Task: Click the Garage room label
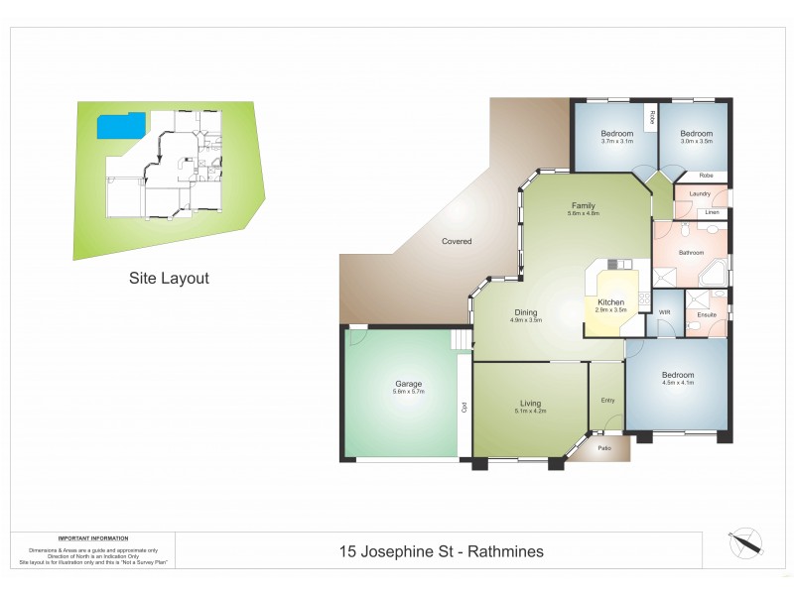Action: (x=409, y=384)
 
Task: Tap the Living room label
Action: (x=530, y=403)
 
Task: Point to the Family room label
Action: (x=583, y=205)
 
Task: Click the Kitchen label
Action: (x=610, y=301)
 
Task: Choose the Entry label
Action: (x=607, y=401)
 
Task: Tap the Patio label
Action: (x=604, y=448)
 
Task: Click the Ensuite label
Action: (x=707, y=314)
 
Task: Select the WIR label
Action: (x=665, y=313)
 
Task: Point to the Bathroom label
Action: (x=691, y=253)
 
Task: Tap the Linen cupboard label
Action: (x=712, y=213)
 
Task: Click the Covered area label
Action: (x=457, y=241)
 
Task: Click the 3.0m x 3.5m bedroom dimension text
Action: (x=697, y=141)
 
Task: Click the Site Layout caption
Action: (x=169, y=279)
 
